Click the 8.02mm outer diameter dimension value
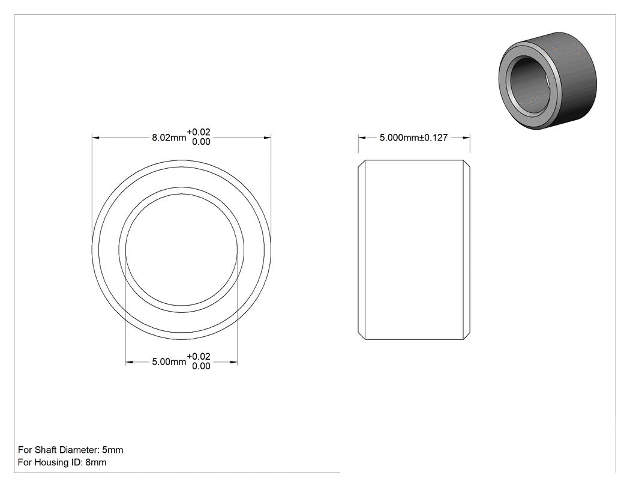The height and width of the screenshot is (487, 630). click(x=169, y=138)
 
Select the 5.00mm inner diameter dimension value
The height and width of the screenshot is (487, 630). click(x=169, y=362)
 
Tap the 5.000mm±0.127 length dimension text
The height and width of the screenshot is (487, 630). click(x=413, y=138)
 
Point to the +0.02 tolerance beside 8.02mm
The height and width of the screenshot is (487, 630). click(x=199, y=132)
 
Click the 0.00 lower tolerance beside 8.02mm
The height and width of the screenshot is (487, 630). click(x=201, y=142)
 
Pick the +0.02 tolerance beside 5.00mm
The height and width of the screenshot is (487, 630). click(x=199, y=356)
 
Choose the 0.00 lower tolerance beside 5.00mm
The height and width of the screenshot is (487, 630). click(x=201, y=366)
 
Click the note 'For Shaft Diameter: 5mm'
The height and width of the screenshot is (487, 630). click(x=71, y=450)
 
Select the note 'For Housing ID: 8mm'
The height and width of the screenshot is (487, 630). click(x=62, y=462)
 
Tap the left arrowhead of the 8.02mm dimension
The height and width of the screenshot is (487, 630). click(x=95, y=138)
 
